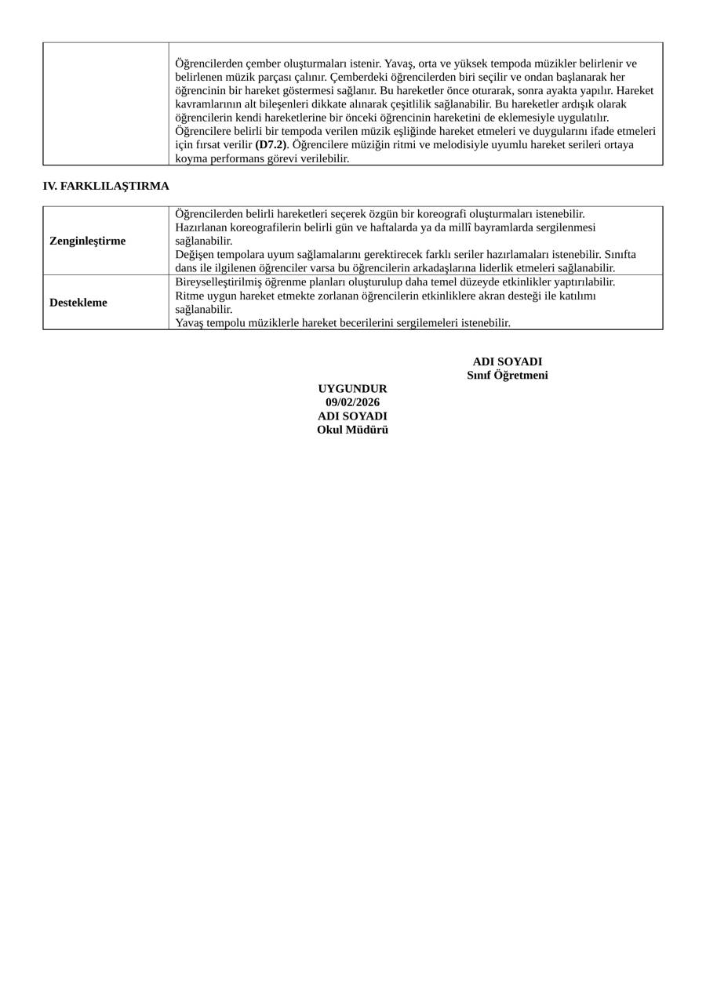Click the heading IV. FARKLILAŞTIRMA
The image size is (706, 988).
pyautogui.click(x=106, y=186)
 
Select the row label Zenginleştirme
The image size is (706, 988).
pyautogui.click(x=87, y=241)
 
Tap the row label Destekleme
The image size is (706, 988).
pyautogui.click(x=78, y=303)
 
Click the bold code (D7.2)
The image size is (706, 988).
pyautogui.click(x=271, y=145)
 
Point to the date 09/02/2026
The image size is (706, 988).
pyautogui.click(x=352, y=402)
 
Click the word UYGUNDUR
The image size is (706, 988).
pyautogui.click(x=352, y=389)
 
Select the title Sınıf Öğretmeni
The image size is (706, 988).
pyautogui.click(x=508, y=376)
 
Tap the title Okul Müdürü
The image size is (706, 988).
pyautogui.click(x=352, y=430)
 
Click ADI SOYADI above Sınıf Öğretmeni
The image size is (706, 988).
pyautogui.click(x=508, y=361)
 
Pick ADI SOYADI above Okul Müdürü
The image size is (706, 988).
pyautogui.click(x=352, y=416)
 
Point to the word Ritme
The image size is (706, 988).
pyautogui.click(x=189, y=296)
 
